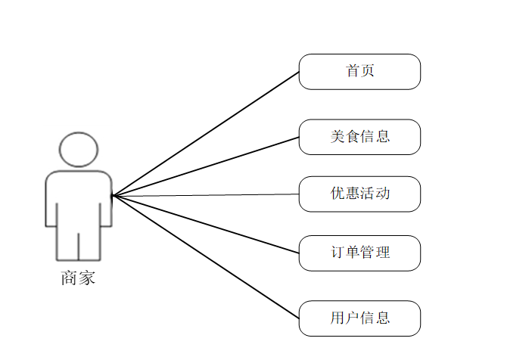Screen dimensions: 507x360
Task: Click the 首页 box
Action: point(359,72)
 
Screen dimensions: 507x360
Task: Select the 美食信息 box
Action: point(359,137)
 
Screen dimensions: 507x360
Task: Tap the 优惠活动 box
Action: point(359,194)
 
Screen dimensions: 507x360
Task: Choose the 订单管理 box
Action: point(359,253)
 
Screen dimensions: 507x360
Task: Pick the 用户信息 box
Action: point(359,318)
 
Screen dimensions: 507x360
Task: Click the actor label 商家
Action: point(78,278)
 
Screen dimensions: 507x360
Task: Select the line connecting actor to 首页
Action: point(206,134)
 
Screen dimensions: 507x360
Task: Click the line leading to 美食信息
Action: point(206,166)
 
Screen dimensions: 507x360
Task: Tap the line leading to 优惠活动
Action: point(206,195)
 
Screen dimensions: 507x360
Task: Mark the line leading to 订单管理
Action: point(206,225)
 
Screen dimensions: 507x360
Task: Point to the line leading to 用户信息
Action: point(206,257)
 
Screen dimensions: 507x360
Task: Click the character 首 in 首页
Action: point(353,72)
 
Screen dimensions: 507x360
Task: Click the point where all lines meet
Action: point(113,196)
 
